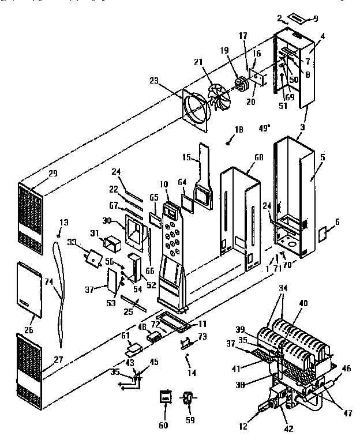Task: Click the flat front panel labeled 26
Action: (x=30, y=288)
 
